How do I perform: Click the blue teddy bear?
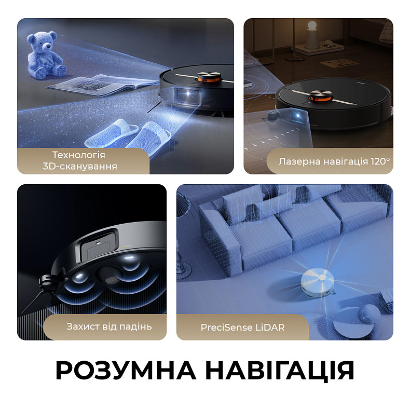46,53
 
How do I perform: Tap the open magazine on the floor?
96,83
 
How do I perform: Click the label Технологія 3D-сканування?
79,161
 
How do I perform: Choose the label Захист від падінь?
109,326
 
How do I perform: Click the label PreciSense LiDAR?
242,327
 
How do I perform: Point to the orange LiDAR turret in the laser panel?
321,95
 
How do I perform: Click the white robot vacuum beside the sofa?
316,282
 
